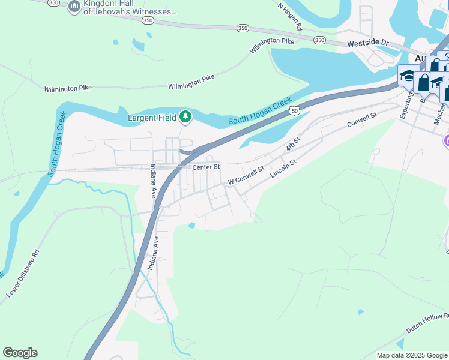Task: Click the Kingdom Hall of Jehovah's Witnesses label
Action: point(130,7)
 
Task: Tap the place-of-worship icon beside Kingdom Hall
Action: point(74,7)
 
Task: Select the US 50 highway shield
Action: point(294,110)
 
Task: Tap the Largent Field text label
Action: point(152,118)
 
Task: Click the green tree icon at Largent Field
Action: point(186,116)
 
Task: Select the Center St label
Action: point(206,166)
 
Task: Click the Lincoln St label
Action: point(283,169)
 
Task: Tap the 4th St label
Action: point(292,144)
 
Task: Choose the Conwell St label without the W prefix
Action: point(361,120)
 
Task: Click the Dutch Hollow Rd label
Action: point(427,323)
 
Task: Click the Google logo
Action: point(20,353)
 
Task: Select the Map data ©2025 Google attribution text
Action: point(412,355)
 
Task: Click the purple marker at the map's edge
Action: point(446,141)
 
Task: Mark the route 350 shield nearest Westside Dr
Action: point(319,40)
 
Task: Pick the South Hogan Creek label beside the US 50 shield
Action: point(260,112)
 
